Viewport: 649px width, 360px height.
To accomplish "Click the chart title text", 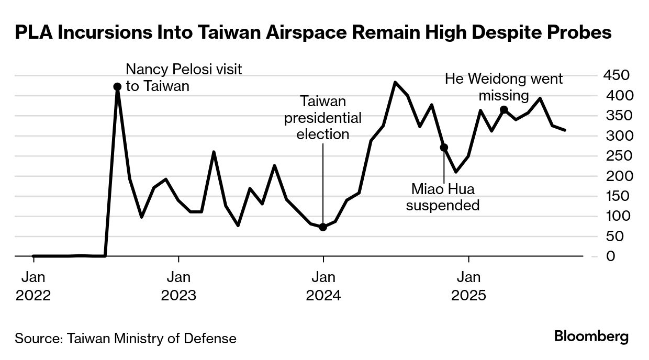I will (313, 33).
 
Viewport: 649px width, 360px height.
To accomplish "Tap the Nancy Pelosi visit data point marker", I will (117, 87).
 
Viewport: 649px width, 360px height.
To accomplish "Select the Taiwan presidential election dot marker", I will (323, 227).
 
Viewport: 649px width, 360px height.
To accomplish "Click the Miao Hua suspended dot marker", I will (444, 148).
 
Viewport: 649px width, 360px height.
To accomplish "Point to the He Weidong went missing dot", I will (503, 109).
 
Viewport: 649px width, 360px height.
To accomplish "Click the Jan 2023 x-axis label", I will (178, 286).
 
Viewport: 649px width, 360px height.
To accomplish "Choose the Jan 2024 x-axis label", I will (323, 286).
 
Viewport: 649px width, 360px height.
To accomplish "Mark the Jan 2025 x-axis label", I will (469, 286).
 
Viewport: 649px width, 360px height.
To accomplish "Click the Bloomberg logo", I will (591, 336).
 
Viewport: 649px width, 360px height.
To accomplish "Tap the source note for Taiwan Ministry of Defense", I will (126, 338).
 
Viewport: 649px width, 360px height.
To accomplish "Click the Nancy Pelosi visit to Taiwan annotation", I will (184, 77).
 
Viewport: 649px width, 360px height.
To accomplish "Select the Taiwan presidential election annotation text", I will (323, 118).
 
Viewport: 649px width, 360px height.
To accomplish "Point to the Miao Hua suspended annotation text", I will (443, 197).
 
